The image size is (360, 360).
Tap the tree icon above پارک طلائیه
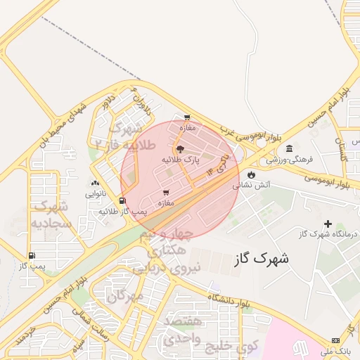180,149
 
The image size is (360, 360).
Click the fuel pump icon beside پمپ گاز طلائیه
123,201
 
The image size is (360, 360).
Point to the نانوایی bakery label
96,193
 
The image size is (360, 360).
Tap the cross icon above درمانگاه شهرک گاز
327,224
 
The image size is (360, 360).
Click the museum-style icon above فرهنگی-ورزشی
289,148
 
